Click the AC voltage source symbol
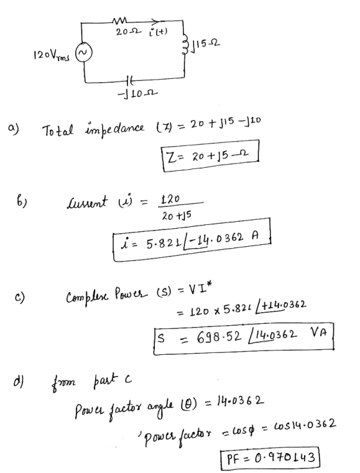click(x=84, y=54)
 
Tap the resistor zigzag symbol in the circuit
click(x=119, y=21)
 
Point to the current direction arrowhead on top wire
click(x=155, y=21)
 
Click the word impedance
click(x=115, y=128)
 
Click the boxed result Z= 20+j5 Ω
click(x=211, y=156)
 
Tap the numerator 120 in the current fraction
click(x=169, y=199)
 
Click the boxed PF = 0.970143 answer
click(x=269, y=458)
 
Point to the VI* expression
click(x=200, y=291)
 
